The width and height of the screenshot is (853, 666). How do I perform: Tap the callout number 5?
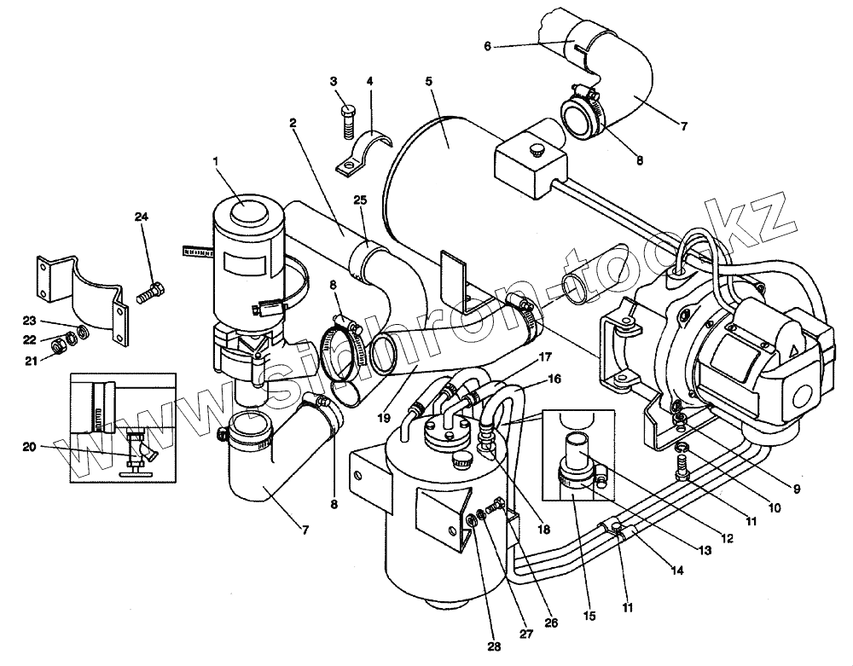coord(428,81)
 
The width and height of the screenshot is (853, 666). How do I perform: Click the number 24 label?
coord(140,217)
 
